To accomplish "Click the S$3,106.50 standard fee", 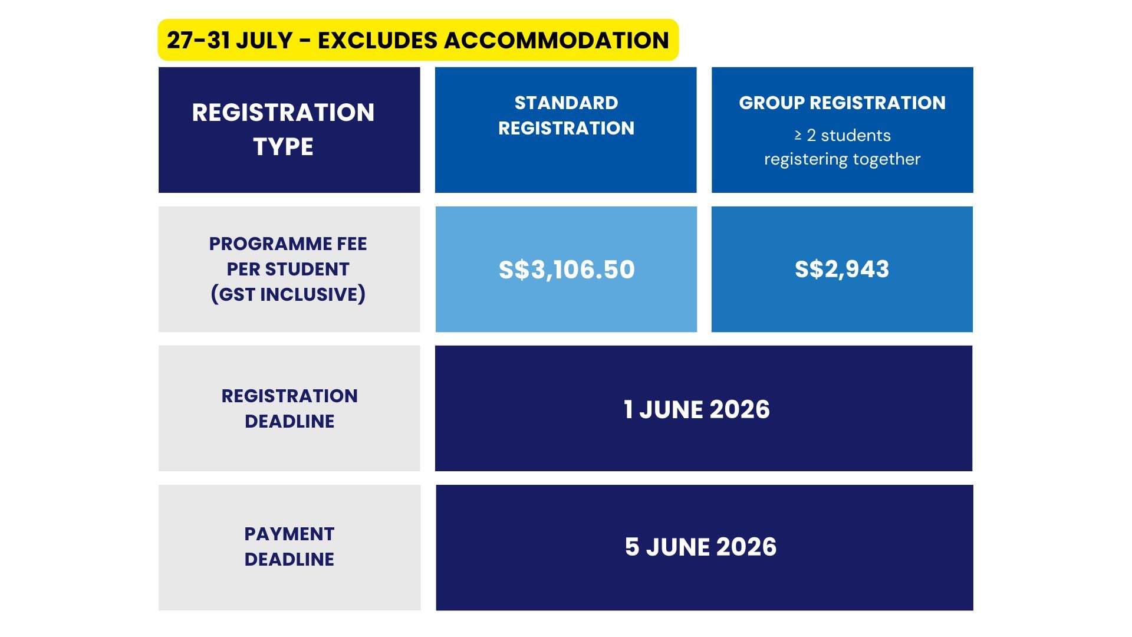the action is (567, 270).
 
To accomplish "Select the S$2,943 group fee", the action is (842, 269).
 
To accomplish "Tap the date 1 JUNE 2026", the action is (697, 409).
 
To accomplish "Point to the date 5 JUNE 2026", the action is (700, 547).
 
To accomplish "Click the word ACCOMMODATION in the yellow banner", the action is (556, 40).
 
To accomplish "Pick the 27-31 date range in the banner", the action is (198, 40).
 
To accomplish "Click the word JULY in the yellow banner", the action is (265, 40).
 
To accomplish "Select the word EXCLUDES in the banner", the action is (377, 40).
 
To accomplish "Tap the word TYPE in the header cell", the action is (283, 146).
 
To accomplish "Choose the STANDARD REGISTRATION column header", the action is (566, 115).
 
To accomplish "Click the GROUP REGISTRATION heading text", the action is (842, 103).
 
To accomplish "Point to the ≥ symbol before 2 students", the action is (798, 135).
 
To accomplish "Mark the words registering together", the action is (842, 159).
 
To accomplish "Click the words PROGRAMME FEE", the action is (288, 244).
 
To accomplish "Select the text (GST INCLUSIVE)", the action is (288, 294).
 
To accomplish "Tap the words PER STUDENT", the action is (288, 269).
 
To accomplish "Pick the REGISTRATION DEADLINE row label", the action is (289, 408).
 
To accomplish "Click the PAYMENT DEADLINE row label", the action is (289, 546).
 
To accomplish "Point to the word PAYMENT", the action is (289, 534).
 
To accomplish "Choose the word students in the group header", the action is (855, 135).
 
